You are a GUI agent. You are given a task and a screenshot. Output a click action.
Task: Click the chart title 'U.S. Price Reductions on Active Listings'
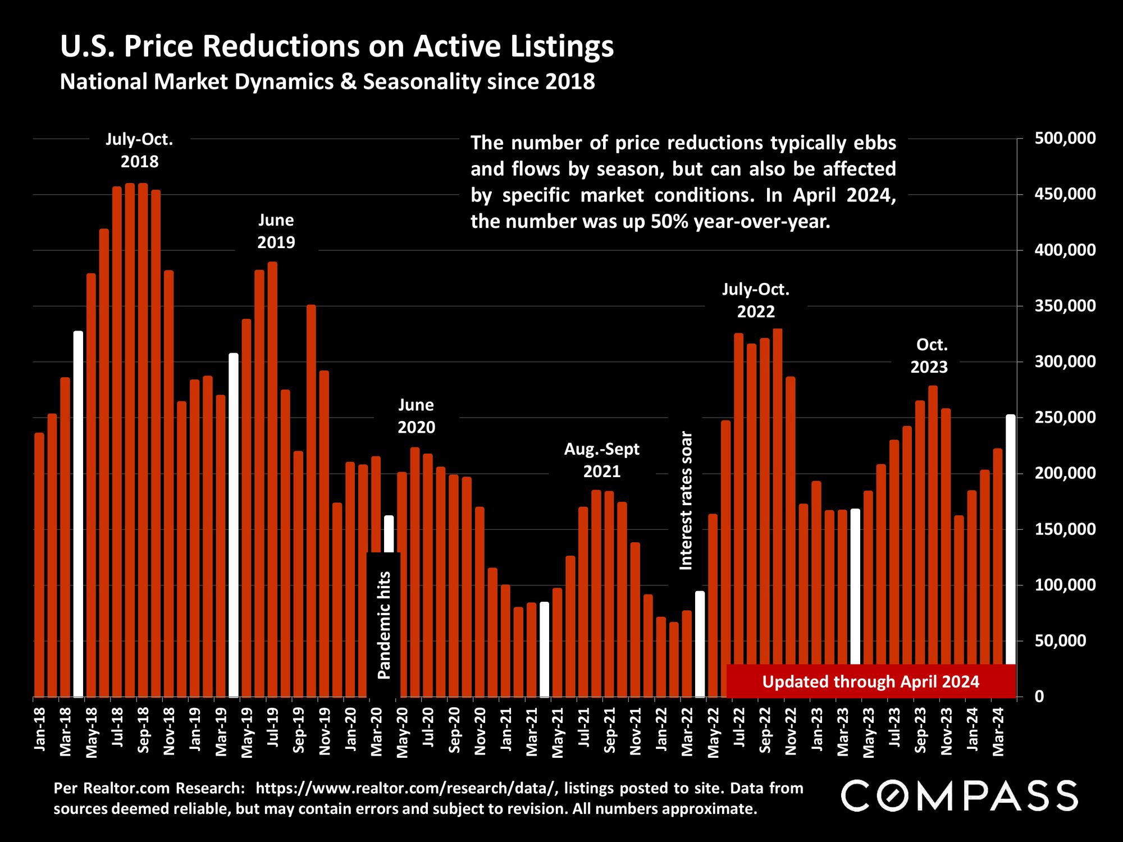[336, 47]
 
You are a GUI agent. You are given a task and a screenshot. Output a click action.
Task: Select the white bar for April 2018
[78, 514]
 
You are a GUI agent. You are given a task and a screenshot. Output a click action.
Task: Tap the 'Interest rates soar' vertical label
[686, 501]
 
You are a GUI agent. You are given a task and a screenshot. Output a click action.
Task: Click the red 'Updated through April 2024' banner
[870, 681]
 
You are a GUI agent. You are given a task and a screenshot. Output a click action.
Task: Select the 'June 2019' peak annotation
[276, 231]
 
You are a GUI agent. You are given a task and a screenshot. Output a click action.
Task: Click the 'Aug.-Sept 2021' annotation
[601, 460]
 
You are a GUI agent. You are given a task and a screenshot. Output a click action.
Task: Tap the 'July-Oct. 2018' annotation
[139, 150]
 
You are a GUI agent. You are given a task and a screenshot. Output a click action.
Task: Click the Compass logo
[960, 795]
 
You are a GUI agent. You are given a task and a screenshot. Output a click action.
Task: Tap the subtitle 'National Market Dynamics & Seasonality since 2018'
[327, 82]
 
